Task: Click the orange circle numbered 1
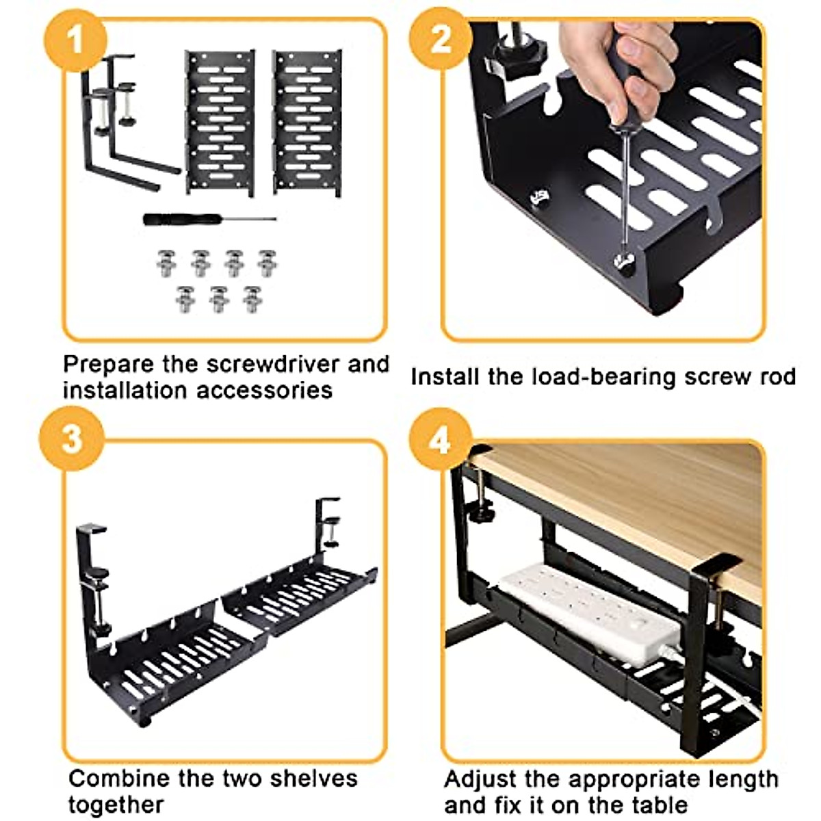tap(75, 39)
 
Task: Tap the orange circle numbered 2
tap(441, 39)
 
